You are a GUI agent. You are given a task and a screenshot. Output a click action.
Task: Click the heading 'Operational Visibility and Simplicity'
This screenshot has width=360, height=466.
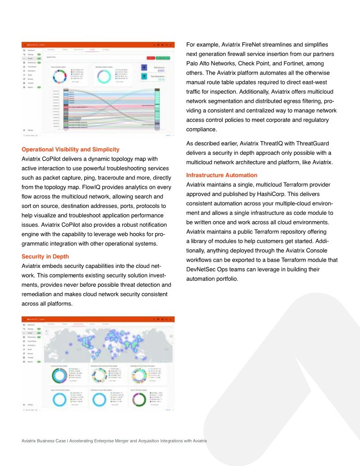(71, 150)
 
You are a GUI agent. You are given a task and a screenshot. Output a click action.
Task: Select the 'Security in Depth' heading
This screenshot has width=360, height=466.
(45, 256)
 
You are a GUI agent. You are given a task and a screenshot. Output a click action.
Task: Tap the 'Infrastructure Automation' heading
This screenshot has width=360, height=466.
(222, 175)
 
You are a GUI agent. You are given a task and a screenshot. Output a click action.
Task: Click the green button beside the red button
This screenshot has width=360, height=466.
(163, 58)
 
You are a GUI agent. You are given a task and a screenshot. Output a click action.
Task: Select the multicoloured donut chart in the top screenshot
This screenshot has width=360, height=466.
(58, 75)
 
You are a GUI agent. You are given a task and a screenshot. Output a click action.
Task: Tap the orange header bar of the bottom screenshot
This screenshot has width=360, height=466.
(98, 318)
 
